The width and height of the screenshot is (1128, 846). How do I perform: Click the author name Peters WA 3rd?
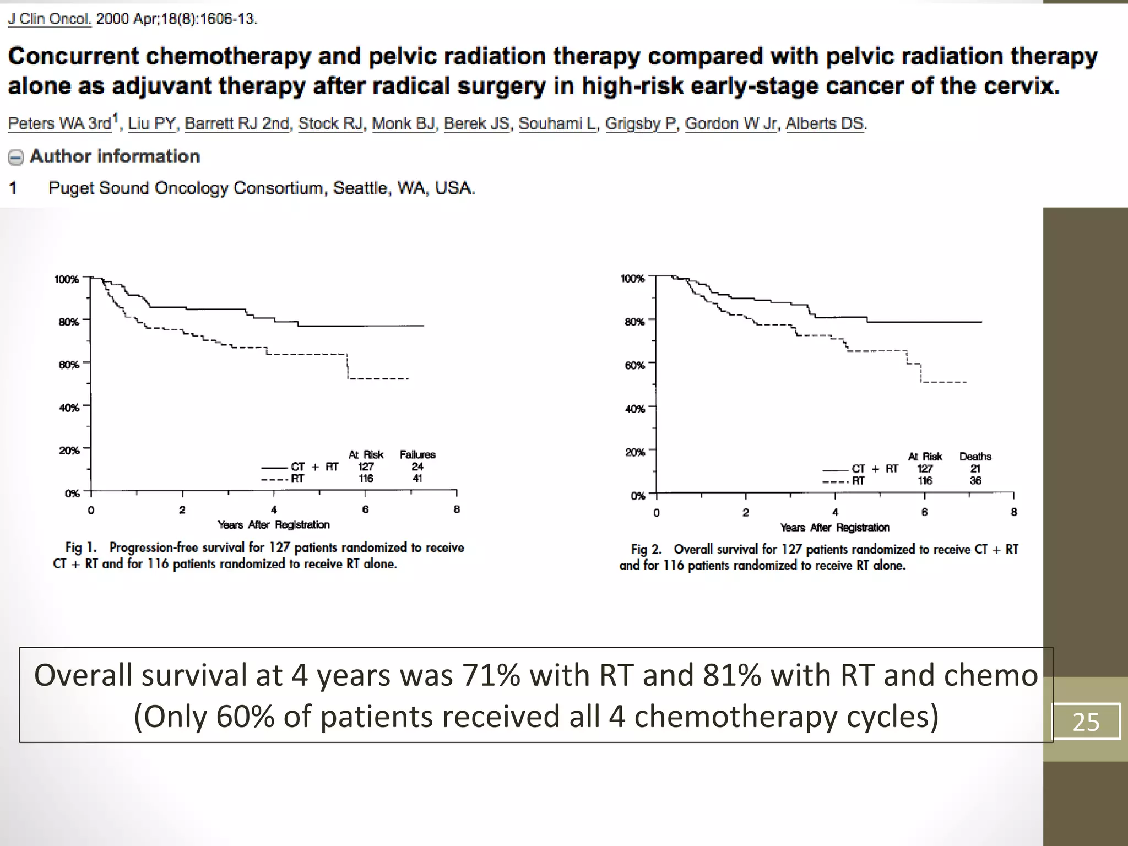click(59, 123)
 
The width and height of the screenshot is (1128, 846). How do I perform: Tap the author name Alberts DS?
click(825, 123)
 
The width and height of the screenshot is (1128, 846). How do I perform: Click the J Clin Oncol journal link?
click(49, 19)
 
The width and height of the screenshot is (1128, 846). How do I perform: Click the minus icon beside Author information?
click(16, 158)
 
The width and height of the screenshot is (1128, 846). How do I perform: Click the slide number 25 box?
click(1086, 722)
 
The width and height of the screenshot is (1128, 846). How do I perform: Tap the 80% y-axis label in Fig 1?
click(69, 322)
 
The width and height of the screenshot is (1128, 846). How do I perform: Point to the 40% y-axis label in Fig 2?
click(634, 409)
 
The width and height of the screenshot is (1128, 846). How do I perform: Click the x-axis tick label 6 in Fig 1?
click(365, 509)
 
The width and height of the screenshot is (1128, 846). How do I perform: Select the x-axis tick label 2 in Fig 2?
click(745, 513)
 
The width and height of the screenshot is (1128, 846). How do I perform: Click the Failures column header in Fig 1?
click(417, 454)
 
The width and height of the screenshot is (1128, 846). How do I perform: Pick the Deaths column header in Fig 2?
click(975, 457)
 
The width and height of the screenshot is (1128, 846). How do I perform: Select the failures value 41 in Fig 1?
click(417, 479)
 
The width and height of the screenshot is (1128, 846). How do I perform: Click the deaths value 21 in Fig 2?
click(975, 469)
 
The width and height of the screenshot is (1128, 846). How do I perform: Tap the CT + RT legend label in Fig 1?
click(314, 467)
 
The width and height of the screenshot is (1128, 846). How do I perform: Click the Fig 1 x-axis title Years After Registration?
click(273, 524)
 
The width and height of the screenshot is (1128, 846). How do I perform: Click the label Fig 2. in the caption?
click(646, 549)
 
